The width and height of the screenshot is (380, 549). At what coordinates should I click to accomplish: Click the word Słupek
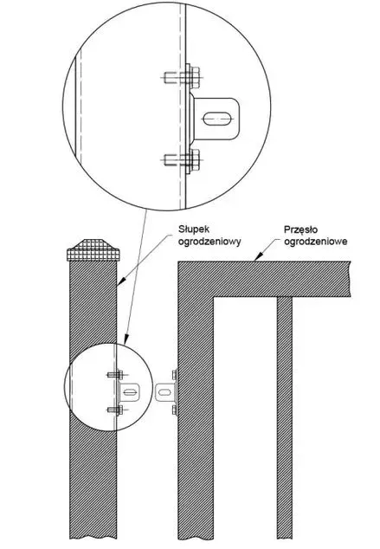click(194, 229)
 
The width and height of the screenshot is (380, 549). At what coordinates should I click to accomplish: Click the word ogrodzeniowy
click(209, 242)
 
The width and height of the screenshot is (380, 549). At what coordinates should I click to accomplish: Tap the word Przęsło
click(301, 230)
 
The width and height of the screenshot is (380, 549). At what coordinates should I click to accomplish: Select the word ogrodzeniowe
click(316, 242)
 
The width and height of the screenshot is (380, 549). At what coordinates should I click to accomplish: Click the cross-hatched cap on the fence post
click(93, 250)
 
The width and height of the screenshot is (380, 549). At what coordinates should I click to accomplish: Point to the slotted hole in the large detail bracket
click(217, 119)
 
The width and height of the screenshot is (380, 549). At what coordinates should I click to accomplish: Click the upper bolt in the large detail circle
click(182, 77)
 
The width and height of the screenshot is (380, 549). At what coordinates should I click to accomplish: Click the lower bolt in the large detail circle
click(182, 161)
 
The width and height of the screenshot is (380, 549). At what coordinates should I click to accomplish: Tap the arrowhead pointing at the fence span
click(258, 257)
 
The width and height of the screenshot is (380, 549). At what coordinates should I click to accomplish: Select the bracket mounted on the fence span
click(166, 392)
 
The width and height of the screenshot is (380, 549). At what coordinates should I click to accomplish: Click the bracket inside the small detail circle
click(129, 392)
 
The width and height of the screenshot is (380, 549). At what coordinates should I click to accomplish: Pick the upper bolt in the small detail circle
click(116, 375)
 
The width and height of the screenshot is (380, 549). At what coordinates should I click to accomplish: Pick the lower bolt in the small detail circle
click(116, 410)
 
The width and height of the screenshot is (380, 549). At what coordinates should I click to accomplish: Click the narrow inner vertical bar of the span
click(285, 417)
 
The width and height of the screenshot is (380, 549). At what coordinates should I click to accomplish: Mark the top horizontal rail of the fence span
click(264, 279)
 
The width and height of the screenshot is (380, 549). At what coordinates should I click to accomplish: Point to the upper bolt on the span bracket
click(175, 375)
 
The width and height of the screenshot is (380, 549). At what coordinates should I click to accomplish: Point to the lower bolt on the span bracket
click(175, 410)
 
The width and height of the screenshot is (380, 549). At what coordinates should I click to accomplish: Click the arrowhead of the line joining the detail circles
click(126, 339)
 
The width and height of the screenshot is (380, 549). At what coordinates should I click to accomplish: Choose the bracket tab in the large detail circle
click(215, 119)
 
